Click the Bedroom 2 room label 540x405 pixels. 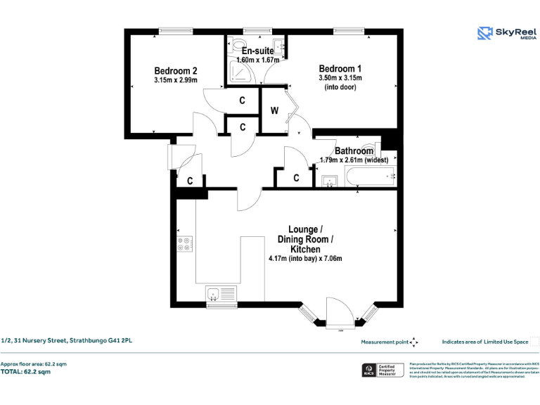(x=175, y=70)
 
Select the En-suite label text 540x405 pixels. (x=257, y=51)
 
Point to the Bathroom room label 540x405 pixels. (x=354, y=151)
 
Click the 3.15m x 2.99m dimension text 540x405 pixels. (x=175, y=80)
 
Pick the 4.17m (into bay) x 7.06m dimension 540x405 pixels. (x=305, y=259)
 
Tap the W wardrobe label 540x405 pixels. (x=274, y=110)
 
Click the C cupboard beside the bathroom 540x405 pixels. (x=296, y=178)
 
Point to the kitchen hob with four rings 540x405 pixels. (x=185, y=243)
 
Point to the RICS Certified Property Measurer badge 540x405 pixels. (x=382, y=370)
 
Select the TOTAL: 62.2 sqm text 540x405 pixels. (x=25, y=371)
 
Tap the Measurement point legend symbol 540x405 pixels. (x=413, y=342)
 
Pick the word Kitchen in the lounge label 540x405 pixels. (x=305, y=250)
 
